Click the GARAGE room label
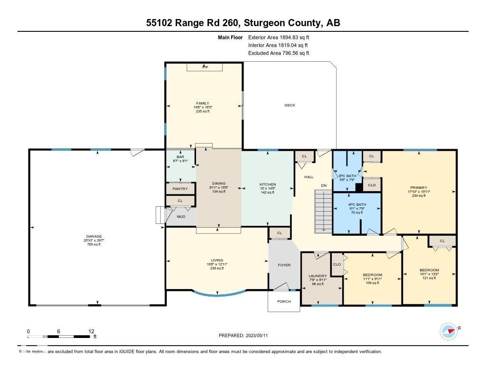(94, 236)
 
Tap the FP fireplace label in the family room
(205, 67)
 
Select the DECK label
(290, 105)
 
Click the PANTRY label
(180, 189)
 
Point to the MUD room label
(181, 217)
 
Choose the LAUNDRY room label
(318, 276)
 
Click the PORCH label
(284, 301)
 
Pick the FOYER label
(284, 265)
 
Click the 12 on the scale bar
(91, 331)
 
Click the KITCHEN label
(267, 184)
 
